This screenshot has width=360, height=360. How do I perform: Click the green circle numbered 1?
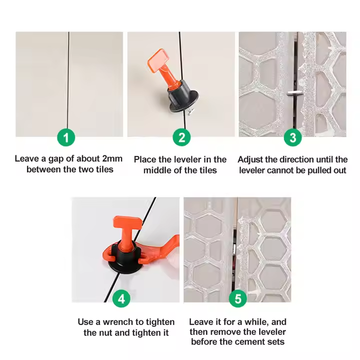66,137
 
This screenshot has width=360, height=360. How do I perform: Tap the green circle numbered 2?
181,137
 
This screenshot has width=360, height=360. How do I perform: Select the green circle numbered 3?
292,137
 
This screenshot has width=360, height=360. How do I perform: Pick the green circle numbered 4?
121,298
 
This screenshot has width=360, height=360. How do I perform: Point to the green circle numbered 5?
238,298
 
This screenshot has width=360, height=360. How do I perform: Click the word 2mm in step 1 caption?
112,158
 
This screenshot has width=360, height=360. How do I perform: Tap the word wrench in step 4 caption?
117,322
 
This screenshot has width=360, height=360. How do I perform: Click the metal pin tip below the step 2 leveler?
190,112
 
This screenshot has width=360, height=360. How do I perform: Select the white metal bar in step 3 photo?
294,93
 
